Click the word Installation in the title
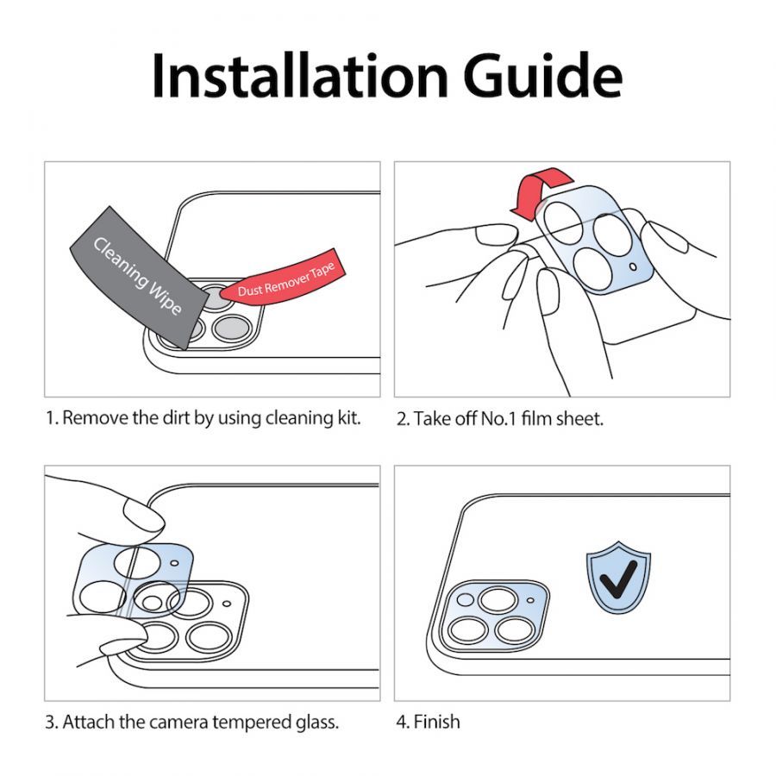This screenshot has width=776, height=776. pos(300,76)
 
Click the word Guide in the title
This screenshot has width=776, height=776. pos(542,76)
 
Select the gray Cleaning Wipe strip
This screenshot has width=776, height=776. pos(139,278)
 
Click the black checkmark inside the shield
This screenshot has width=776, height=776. pos(617,579)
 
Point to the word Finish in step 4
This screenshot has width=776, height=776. pos(436,722)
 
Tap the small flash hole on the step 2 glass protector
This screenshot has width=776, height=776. pos(633,267)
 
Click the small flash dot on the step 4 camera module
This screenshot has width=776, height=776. pos(530,600)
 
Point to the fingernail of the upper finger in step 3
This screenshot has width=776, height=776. pos(143,515)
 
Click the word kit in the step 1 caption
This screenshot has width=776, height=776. pos(348,417)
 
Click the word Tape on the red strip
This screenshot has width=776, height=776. pos(322,272)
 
